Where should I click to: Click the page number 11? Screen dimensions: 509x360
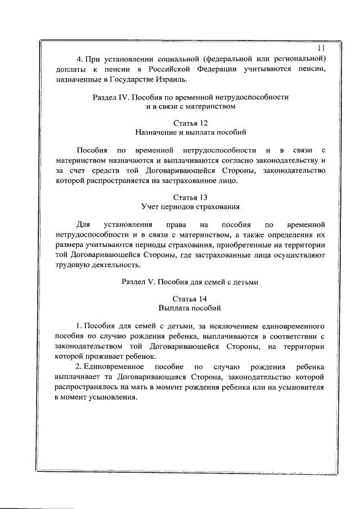(x=321, y=48)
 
